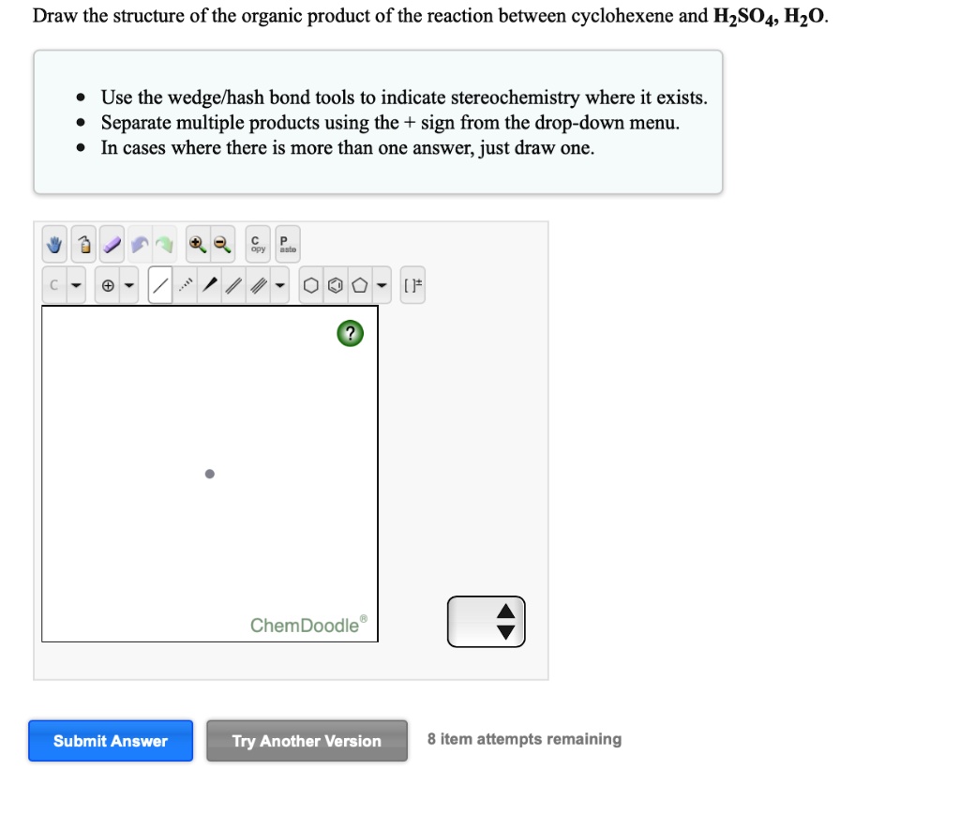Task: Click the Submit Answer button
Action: pyautogui.click(x=111, y=741)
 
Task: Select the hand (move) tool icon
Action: pyautogui.click(x=54, y=246)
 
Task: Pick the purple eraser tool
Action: pyautogui.click(x=112, y=246)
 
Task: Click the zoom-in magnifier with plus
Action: pyautogui.click(x=196, y=246)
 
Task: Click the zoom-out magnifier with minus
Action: pyautogui.click(x=221, y=246)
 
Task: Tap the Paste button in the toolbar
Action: pyautogui.click(x=287, y=245)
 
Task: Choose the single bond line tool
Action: pyautogui.click(x=160, y=285)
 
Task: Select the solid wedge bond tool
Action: pyautogui.click(x=213, y=285)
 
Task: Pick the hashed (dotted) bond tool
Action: pyautogui.click(x=187, y=285)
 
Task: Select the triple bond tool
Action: pyautogui.click(x=260, y=285)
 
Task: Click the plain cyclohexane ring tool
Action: pyautogui.click(x=310, y=285)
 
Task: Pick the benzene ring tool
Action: pyautogui.click(x=335, y=285)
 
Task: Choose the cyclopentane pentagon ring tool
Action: pyautogui.click(x=359, y=285)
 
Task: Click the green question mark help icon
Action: pyautogui.click(x=350, y=333)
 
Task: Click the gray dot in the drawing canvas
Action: pyautogui.click(x=210, y=474)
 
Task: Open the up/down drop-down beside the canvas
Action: pyautogui.click(x=487, y=622)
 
